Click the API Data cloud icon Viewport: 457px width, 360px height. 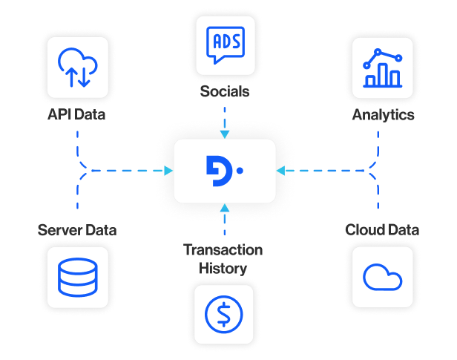78,68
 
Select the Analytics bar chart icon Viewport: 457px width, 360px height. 382,68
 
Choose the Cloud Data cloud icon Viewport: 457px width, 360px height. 382,278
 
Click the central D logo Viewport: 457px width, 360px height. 220,171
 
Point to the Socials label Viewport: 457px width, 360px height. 224,93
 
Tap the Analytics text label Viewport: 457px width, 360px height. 383,116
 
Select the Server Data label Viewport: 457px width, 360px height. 77,230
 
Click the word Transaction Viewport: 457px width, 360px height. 223,249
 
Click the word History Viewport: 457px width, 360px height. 223,267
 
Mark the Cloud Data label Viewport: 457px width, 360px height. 382,230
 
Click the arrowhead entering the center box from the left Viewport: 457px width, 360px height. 169,171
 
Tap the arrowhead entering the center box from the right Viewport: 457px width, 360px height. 280,171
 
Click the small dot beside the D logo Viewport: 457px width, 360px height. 240,171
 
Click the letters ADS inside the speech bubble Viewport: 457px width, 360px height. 224,39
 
